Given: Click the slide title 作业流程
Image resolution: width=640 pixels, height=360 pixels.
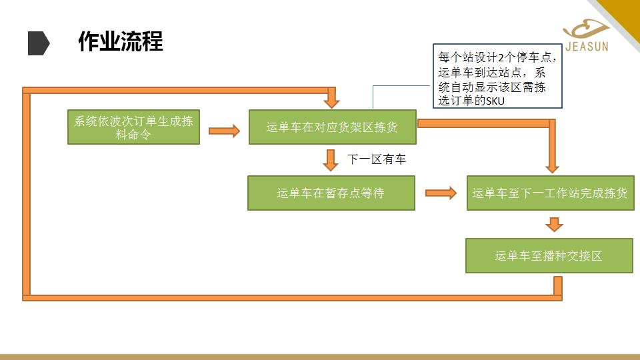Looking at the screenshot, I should click(120, 42).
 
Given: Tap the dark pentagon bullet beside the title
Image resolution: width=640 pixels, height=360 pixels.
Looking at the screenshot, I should click(39, 43).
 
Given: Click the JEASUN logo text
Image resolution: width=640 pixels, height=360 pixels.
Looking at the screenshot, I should click(587, 47).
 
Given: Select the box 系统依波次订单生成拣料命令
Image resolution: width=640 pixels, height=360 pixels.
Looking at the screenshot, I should click(133, 127).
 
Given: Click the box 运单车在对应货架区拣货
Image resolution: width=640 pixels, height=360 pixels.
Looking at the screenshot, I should click(332, 127).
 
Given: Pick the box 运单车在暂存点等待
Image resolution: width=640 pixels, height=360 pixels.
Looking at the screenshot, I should click(331, 193).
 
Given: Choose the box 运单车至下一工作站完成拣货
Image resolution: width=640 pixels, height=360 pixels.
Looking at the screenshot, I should click(550, 193).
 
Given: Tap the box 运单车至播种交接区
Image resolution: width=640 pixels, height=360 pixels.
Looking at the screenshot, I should click(549, 255).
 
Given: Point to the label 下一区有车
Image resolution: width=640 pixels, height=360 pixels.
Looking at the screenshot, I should click(377, 159).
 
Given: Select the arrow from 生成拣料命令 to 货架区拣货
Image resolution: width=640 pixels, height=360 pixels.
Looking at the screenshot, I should click(224, 131).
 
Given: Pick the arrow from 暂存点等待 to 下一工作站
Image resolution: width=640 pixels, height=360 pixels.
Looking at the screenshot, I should click(441, 193).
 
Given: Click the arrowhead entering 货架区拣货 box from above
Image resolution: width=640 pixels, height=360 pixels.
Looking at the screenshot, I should click(332, 101).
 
